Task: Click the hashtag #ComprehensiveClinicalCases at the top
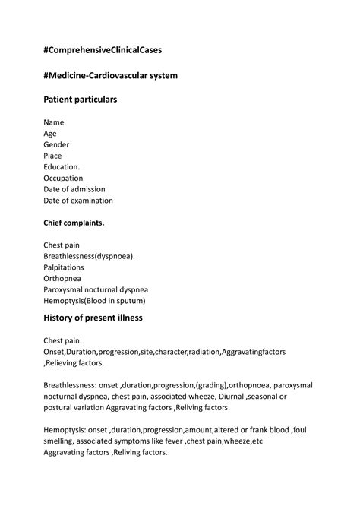[x=103, y=50]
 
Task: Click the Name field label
[x=54, y=122]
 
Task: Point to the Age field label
[x=50, y=134]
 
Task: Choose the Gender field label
[x=57, y=144]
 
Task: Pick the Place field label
[x=53, y=156]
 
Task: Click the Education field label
[x=62, y=167]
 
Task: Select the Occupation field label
[x=63, y=179]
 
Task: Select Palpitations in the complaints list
[x=64, y=267]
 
